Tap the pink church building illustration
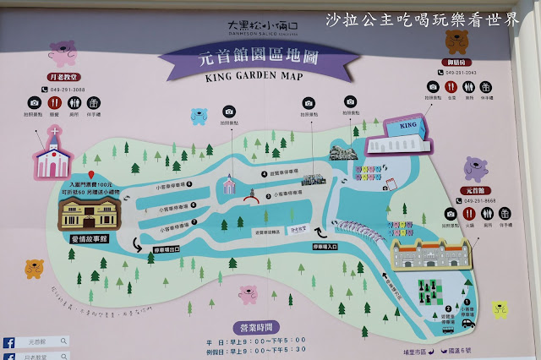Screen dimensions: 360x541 tap(57, 154)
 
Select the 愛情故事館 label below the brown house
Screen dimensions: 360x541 tap(81, 237)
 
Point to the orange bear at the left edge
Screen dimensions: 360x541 tap(34, 268)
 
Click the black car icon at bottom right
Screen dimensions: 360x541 tap(468, 323)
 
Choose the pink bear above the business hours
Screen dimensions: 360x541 tap(249, 293)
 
